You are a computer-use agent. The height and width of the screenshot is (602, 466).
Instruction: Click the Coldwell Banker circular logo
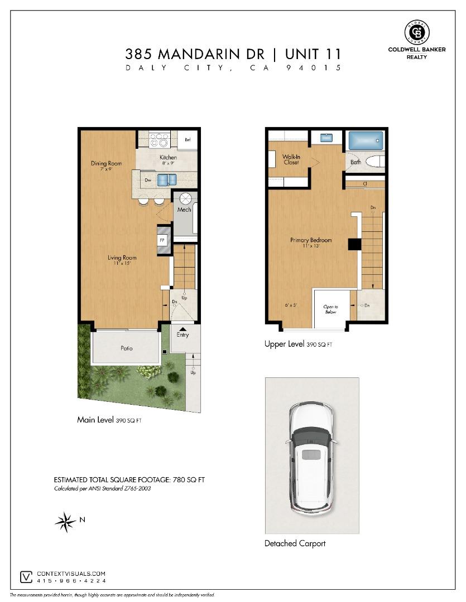point(416,32)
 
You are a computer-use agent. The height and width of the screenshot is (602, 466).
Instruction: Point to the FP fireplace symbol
point(162,240)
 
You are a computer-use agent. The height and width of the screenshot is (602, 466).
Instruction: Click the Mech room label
point(184,210)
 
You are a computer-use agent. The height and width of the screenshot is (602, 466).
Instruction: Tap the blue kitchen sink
point(166,179)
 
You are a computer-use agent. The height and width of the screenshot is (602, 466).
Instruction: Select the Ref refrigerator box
point(188,140)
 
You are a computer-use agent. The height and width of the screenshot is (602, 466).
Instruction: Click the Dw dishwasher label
point(148,180)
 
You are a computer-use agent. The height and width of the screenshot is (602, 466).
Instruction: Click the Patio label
point(127,348)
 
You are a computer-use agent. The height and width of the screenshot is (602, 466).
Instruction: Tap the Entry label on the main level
point(182,335)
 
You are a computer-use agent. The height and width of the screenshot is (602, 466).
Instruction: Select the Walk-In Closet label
point(291,159)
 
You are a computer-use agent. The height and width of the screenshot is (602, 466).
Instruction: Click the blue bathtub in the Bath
point(366,140)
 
